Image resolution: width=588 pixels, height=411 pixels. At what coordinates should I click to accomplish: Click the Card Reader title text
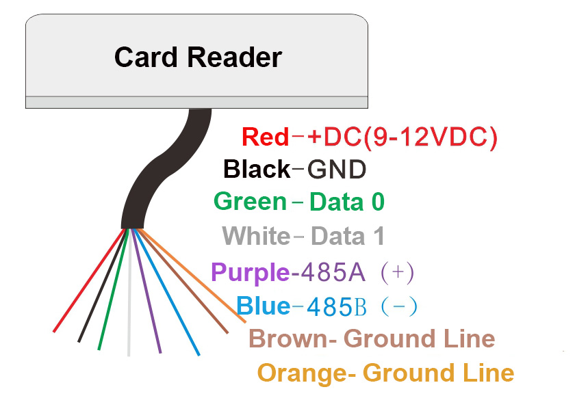[197, 57]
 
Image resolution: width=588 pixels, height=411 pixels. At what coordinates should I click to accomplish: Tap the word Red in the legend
[266, 137]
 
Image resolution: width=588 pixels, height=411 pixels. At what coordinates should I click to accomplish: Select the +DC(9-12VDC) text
[402, 137]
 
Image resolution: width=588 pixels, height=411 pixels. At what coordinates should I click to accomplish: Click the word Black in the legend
[257, 169]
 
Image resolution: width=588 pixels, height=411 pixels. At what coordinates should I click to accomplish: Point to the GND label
[337, 169]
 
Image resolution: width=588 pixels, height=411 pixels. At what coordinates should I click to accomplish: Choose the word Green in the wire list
[250, 202]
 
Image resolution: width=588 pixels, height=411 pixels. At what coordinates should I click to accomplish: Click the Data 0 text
[347, 202]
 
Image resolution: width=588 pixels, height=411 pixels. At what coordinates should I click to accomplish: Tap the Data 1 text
[348, 237]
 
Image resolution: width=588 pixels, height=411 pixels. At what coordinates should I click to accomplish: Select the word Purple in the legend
[250, 272]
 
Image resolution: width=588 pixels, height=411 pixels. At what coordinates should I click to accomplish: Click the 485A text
[328, 272]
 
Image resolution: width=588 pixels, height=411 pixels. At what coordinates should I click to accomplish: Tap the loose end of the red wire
[55, 331]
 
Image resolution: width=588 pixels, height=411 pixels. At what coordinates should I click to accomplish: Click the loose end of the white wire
[129, 354]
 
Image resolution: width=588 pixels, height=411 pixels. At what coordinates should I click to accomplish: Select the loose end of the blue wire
[198, 354]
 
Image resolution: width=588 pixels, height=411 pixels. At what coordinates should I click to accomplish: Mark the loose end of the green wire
[100, 347]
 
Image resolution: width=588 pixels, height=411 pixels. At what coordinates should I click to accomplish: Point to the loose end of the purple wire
[159, 352]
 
